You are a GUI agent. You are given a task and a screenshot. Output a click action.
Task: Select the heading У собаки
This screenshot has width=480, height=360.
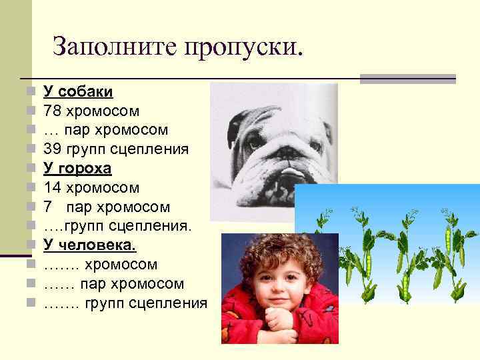[78, 91]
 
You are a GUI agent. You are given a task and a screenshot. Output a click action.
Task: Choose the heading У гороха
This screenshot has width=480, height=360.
[77, 168]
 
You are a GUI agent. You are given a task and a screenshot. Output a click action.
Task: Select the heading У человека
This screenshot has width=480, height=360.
[89, 245]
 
